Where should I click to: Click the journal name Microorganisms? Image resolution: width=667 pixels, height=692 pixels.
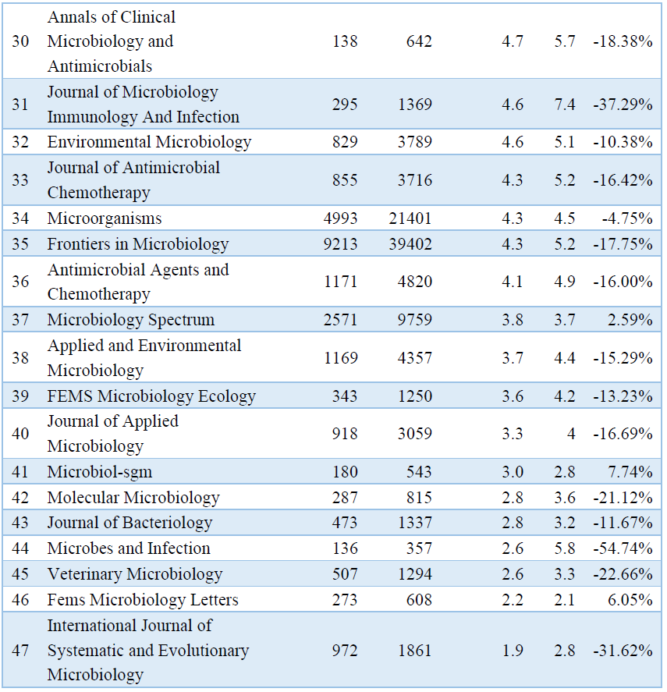(105, 218)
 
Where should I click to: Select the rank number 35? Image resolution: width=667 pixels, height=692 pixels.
(20, 244)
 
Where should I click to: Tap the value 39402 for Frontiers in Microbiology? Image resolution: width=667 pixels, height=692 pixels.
(410, 244)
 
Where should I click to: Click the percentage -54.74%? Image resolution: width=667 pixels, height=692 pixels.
(623, 548)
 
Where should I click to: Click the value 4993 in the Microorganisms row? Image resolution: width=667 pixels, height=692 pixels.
(340, 218)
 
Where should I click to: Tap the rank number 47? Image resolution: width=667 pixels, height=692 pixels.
(20, 650)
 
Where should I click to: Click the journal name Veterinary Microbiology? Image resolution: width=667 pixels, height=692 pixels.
(135, 574)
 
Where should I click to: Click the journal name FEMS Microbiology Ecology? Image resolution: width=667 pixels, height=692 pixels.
(151, 396)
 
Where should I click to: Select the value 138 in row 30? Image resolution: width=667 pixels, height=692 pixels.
(345, 41)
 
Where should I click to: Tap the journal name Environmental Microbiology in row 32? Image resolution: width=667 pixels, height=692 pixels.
(149, 142)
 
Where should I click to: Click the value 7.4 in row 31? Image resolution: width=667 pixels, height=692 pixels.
(565, 105)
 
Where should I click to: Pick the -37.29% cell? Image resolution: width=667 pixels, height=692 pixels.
(623, 105)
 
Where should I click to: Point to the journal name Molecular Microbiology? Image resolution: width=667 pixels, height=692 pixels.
(133, 498)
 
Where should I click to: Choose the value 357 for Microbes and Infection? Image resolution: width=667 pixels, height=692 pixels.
(420, 548)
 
